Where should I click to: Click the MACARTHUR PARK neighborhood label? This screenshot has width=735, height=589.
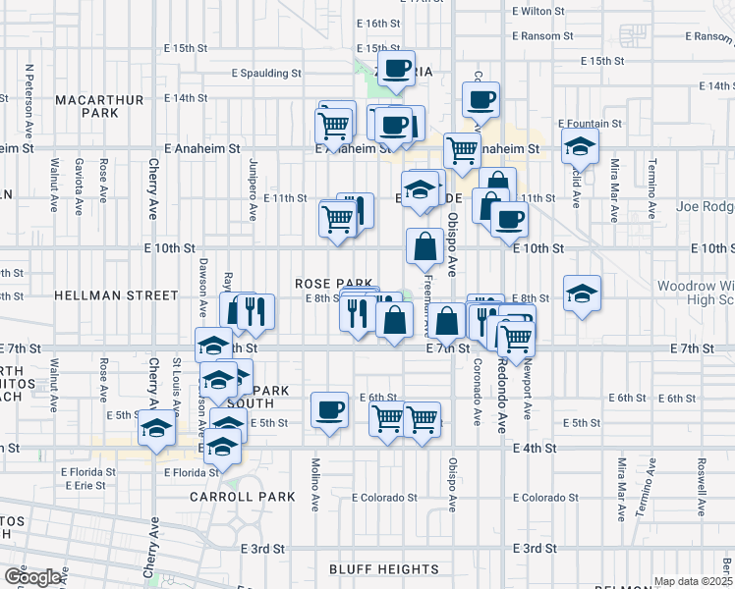(100, 106)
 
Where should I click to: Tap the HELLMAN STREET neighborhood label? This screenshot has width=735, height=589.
(117, 295)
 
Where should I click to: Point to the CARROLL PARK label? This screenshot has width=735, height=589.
(243, 497)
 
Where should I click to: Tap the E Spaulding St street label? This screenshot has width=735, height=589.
(266, 73)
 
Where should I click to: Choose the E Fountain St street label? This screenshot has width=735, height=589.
(591, 125)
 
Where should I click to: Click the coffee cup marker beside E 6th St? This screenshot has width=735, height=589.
(329, 408)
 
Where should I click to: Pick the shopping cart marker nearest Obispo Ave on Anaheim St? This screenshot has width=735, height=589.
(462, 150)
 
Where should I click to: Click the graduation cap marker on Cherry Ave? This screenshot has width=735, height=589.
(156, 428)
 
